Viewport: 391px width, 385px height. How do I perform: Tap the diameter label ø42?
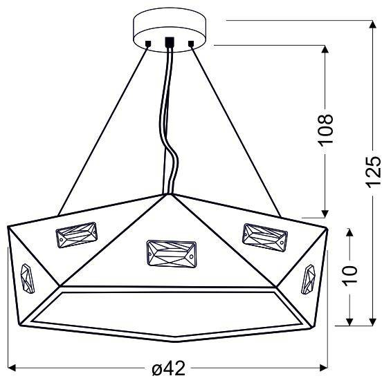pos(168,369)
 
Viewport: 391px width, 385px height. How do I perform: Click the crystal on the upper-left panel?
pos(77,236)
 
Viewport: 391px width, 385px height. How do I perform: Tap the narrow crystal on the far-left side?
pos(28,277)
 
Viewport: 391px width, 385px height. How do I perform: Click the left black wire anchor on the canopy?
pos(148,45)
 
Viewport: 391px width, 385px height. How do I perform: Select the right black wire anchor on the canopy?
pos(191,45)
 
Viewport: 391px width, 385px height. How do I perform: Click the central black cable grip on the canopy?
pos(170,41)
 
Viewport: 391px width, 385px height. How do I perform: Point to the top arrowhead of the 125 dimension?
pos(373,25)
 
